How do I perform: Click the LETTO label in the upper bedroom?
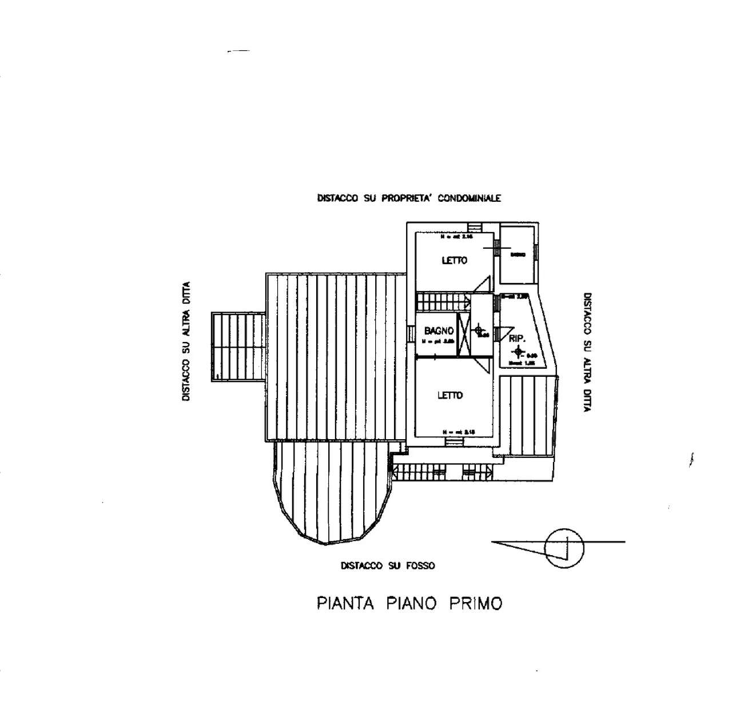(x=454, y=261)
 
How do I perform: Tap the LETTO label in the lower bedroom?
(x=450, y=395)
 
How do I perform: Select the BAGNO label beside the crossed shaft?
(x=439, y=330)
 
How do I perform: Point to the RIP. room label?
(x=516, y=338)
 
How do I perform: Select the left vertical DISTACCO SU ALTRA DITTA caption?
(x=186, y=341)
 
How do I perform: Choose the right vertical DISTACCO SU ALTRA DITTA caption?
(x=587, y=352)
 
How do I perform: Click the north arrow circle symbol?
(x=564, y=548)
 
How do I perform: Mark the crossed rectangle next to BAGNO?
(x=464, y=334)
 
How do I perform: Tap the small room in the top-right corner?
(x=518, y=254)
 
